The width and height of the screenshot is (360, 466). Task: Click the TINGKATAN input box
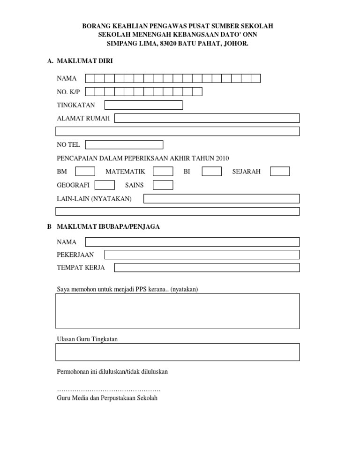pos(143,105)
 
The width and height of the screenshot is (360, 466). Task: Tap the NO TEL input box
pos(124,145)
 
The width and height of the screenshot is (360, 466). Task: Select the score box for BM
pos(85,172)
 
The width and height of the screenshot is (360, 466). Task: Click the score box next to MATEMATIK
pos(163,172)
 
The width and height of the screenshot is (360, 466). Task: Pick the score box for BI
pos(212,172)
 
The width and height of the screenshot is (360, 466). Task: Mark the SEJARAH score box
pos(280,172)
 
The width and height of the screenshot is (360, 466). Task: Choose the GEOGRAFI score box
pos(105,185)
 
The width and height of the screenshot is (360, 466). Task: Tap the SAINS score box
pos(163,185)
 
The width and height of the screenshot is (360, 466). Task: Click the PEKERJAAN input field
pos(202,255)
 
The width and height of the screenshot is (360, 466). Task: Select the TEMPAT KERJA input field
pos(207,267)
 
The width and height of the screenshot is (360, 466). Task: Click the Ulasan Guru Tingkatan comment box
pos(178,352)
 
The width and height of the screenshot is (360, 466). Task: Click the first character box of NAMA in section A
pos(90,78)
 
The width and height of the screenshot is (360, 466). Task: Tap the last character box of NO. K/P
pos(197,91)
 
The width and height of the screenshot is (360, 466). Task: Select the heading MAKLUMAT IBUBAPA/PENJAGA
pos(108,226)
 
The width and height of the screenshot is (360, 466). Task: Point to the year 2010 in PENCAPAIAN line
pos(222,158)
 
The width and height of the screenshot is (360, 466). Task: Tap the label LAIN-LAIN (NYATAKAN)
pos(94,199)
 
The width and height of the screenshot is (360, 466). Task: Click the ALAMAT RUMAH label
pos(83,118)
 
